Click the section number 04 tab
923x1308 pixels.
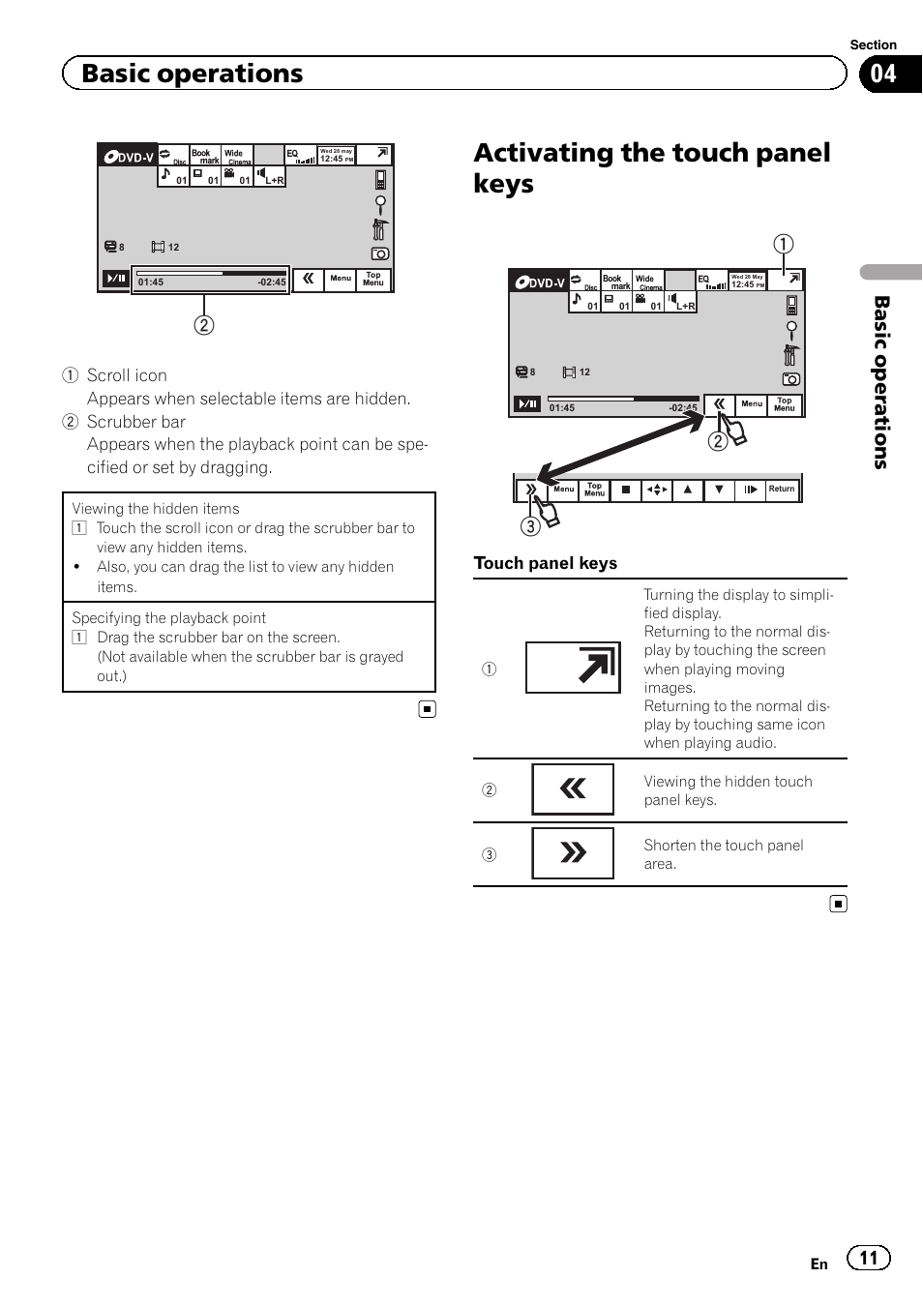coord(883,74)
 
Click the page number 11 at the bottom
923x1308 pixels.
coord(869,1258)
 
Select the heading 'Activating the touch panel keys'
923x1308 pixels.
coord(651,167)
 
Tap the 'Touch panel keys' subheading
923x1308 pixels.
coord(545,563)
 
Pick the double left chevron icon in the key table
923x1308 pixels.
coord(573,789)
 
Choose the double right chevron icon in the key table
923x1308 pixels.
coord(573,852)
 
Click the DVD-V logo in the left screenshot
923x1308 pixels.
coord(129,156)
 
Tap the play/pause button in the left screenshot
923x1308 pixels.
coord(116,279)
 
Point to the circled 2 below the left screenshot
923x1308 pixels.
coord(203,325)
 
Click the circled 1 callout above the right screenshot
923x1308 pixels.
coord(783,244)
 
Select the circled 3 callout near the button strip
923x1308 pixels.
coord(530,526)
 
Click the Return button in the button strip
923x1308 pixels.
coord(782,490)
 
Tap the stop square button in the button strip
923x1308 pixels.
coord(626,490)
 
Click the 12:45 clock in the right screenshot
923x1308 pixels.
coord(743,284)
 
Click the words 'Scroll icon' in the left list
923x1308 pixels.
coord(127,375)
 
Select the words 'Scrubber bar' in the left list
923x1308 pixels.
coord(136,422)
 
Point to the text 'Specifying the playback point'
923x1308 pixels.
coord(169,617)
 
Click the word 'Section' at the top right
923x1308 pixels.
coord(873,45)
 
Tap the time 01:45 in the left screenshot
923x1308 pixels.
coord(151,282)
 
